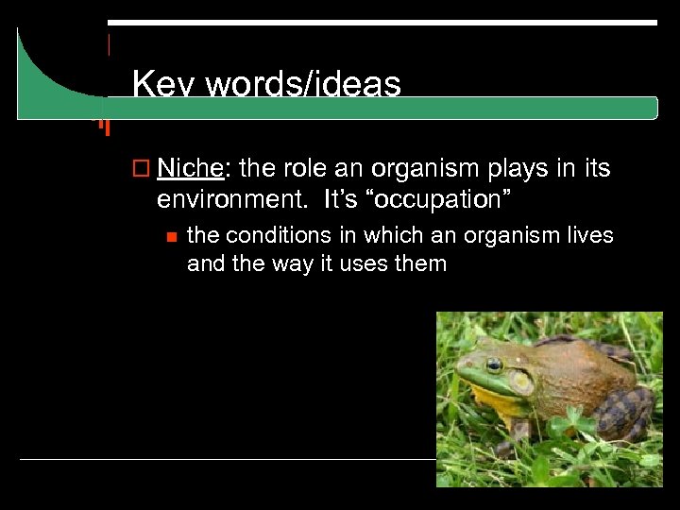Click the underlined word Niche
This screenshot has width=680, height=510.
click(x=190, y=169)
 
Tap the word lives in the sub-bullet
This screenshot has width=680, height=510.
click(x=588, y=235)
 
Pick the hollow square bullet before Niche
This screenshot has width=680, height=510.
click(x=143, y=170)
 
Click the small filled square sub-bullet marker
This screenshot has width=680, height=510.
click(x=169, y=236)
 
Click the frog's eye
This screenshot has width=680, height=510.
click(x=493, y=365)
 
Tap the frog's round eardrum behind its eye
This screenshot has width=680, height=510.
click(x=520, y=381)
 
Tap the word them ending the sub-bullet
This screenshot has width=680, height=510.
click(x=421, y=263)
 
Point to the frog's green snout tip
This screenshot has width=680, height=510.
click(x=460, y=378)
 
